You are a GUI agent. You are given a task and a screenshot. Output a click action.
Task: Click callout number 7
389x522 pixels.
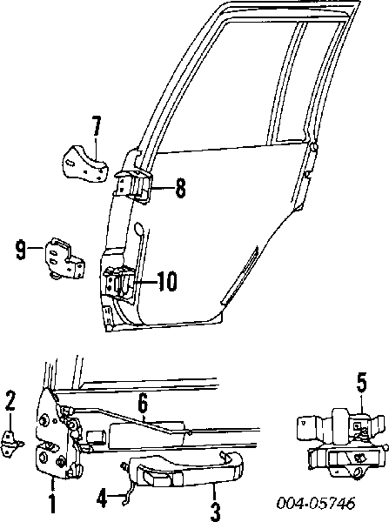(x=96, y=126)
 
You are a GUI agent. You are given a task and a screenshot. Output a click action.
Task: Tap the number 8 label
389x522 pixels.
(x=180, y=188)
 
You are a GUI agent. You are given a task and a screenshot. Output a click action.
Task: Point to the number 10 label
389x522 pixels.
(x=167, y=281)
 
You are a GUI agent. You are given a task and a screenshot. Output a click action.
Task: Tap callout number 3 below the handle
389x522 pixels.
(x=216, y=512)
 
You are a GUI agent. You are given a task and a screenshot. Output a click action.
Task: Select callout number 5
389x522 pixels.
(x=362, y=384)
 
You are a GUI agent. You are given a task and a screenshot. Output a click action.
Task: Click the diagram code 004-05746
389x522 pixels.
(x=316, y=503)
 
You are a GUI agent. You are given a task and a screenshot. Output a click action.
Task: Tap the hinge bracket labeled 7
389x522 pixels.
(x=85, y=164)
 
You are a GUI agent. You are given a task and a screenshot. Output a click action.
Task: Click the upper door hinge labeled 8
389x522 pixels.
(x=132, y=185)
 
